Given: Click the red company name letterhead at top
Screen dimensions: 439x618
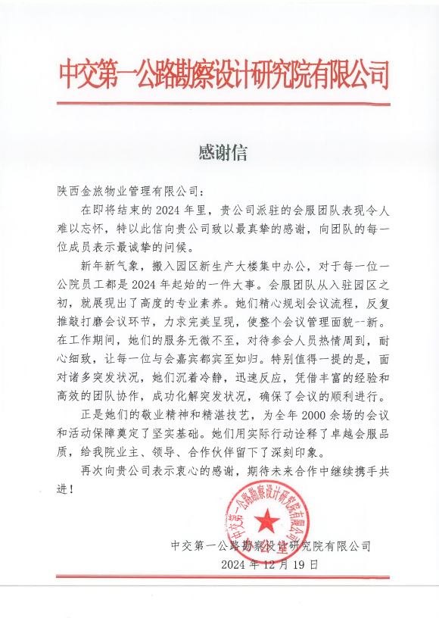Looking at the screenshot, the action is [223, 76].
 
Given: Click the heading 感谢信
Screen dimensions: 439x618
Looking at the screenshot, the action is [223, 152].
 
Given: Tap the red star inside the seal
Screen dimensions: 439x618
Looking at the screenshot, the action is [267, 520].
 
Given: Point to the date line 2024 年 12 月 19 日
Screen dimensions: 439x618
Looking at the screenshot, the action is [270, 565].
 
